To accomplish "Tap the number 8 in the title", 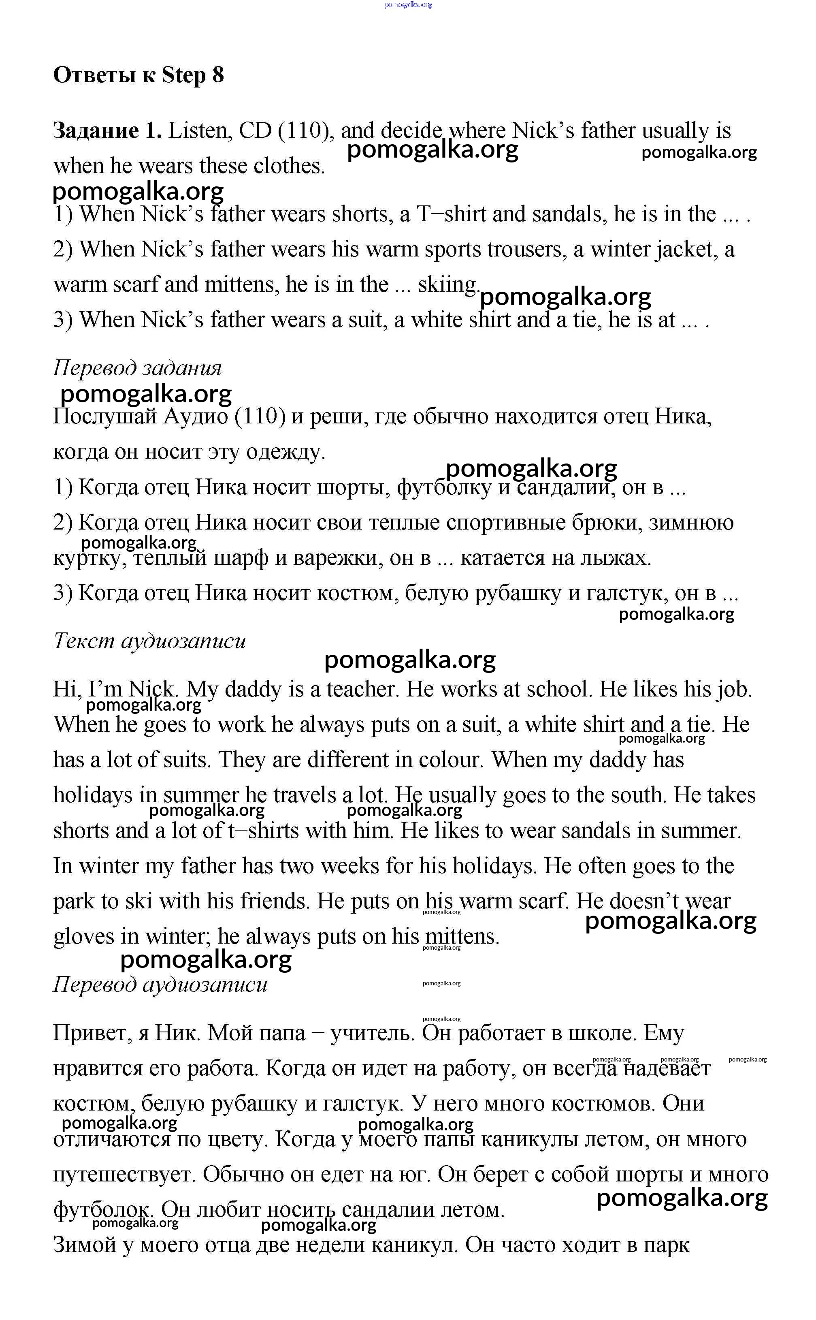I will pyautogui.click(x=218, y=75).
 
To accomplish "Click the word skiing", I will pyautogui.click(x=448, y=284).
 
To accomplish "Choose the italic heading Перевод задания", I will pyautogui.click(x=137, y=368).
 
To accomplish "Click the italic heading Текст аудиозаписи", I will pyautogui.click(x=149, y=641).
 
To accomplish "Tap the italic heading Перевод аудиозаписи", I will pyautogui.click(x=160, y=984).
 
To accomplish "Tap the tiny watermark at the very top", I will pyautogui.click(x=408, y=5).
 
